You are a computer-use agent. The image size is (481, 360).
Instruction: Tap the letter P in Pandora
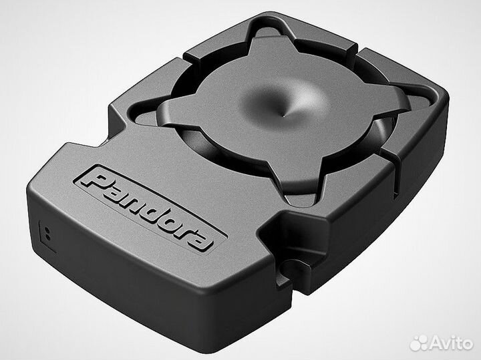95,180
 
